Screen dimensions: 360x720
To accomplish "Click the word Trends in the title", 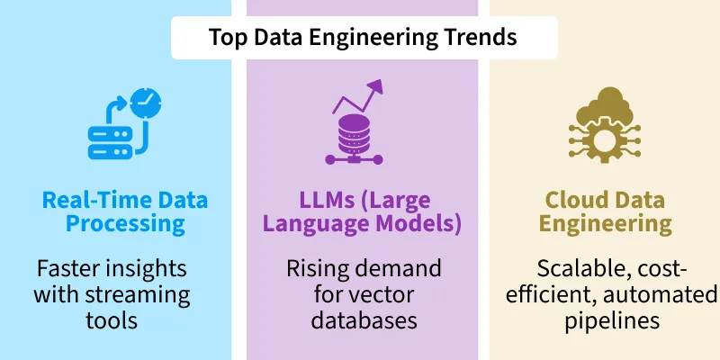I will [481, 38].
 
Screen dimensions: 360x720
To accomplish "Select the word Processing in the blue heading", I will [113, 224].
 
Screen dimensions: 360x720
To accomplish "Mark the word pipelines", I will [602, 320].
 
